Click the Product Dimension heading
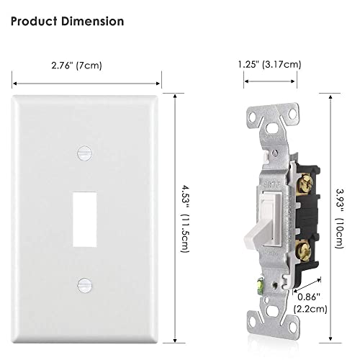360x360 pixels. click(68, 21)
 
